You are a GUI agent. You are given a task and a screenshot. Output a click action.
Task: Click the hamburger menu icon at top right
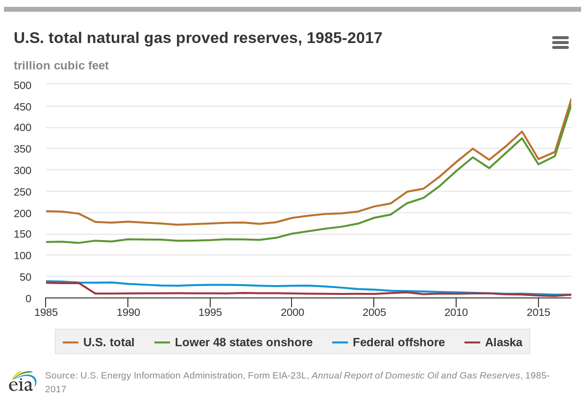pyautogui.click(x=560, y=43)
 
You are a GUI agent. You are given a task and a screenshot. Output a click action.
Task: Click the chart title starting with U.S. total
pyautogui.click(x=198, y=38)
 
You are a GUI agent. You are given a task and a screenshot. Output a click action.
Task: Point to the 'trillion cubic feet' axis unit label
pyautogui.click(x=61, y=66)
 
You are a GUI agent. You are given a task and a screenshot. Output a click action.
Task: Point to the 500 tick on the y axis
pyautogui.click(x=23, y=86)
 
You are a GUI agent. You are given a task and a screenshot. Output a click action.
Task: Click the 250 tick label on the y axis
pyautogui.click(x=23, y=192)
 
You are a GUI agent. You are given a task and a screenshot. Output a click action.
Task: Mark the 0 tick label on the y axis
pyautogui.click(x=28, y=298)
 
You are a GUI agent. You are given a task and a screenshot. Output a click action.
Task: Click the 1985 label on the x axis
pyautogui.click(x=46, y=313)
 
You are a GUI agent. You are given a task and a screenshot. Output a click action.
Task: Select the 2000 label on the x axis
pyautogui.click(x=292, y=313)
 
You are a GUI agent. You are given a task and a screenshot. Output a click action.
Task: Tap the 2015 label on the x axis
pyautogui.click(x=538, y=313)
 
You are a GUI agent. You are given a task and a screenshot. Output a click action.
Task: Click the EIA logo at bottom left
pyautogui.click(x=23, y=381)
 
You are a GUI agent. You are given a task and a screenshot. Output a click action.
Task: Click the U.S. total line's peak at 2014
pyautogui.click(x=522, y=132)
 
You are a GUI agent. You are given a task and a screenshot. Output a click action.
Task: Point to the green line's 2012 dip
pyautogui.click(x=489, y=168)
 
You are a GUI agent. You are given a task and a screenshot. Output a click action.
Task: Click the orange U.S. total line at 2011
pyautogui.click(x=473, y=149)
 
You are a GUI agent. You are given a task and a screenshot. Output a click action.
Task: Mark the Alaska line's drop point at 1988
pyautogui.click(x=95, y=293)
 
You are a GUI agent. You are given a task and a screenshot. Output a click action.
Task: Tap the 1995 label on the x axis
pyautogui.click(x=210, y=313)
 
